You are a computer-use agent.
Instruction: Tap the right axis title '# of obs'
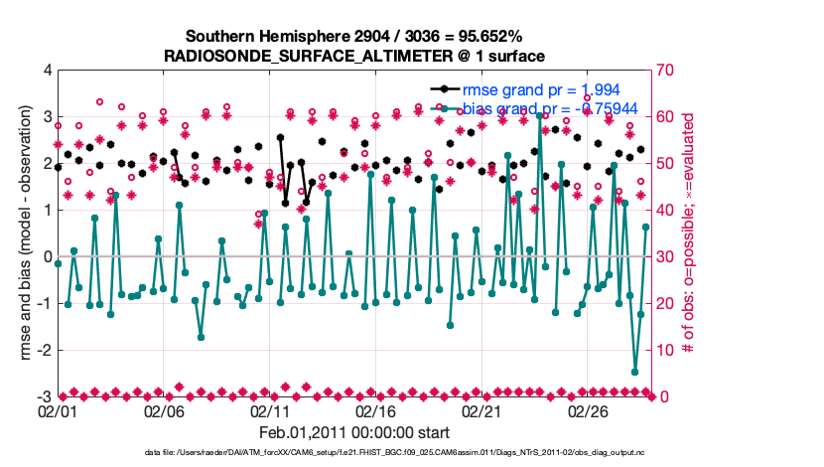(x=690, y=234)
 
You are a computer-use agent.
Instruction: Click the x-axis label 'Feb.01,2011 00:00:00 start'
(x=354, y=432)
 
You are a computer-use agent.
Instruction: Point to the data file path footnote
(x=354, y=453)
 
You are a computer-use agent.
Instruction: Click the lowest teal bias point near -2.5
(x=634, y=372)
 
